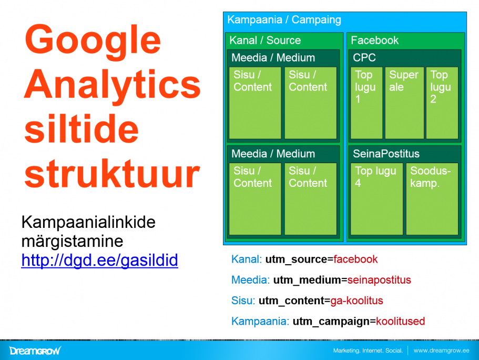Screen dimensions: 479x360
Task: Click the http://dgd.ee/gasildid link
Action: (x=99, y=261)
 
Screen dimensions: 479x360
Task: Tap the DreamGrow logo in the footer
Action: (x=35, y=351)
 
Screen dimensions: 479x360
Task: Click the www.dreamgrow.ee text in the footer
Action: (x=442, y=351)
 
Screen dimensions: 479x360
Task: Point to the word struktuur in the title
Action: (x=112, y=174)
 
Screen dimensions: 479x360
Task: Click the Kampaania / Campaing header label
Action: (x=284, y=20)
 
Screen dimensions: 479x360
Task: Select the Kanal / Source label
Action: (x=265, y=41)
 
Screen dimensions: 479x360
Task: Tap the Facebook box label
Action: (x=374, y=41)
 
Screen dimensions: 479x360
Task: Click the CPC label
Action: (x=364, y=57)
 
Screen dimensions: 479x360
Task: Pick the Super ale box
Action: (x=404, y=103)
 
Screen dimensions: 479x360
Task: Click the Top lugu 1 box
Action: (x=366, y=103)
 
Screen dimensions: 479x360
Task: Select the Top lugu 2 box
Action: (x=442, y=103)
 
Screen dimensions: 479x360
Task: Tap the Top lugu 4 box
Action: (x=376, y=199)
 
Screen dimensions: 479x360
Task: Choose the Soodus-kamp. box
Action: (x=432, y=199)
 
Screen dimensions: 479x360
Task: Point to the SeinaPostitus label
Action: (x=386, y=154)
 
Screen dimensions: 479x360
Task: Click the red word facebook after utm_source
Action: (x=355, y=259)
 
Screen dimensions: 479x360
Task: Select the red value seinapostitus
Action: (x=379, y=280)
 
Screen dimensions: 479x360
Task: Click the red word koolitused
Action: (x=401, y=321)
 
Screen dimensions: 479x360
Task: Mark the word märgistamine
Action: (x=73, y=242)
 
